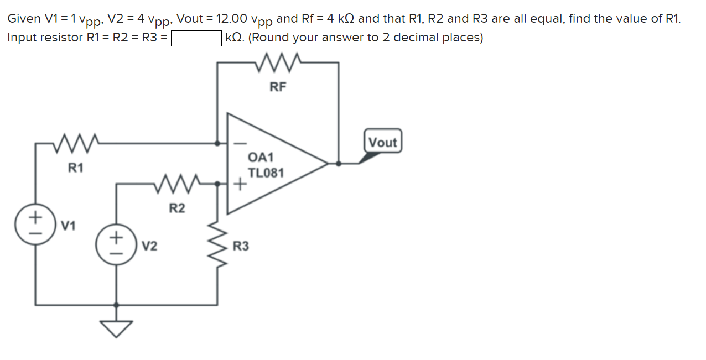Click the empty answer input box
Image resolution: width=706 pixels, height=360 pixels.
pos(196,38)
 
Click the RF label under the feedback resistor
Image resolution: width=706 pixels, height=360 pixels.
pos(278,86)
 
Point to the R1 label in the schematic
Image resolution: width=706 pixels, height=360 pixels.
pos(75,167)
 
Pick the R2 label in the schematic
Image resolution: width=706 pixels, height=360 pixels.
pos(176,208)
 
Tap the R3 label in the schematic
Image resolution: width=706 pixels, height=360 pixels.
pos(241,246)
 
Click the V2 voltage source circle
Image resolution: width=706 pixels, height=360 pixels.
pos(116,245)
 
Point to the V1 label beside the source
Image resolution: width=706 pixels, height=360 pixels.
pos(69,226)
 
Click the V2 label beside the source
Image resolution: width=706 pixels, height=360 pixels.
pos(149,246)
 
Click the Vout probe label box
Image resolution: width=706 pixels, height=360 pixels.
pos(382,142)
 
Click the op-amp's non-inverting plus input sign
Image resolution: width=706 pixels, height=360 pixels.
pos(240,184)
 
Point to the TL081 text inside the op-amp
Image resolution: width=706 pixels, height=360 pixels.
pos(266,173)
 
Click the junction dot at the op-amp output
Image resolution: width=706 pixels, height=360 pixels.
pos(339,164)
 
